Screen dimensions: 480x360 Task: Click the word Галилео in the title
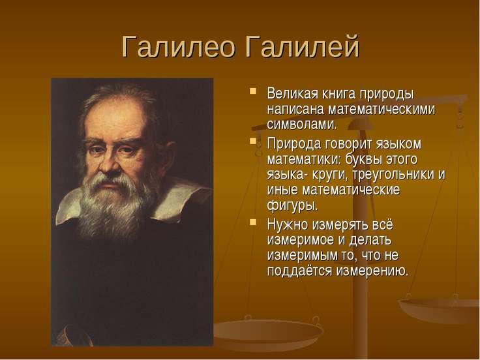[x=179, y=47]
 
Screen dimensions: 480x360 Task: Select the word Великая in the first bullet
[x=293, y=94]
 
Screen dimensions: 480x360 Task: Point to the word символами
[x=302, y=125]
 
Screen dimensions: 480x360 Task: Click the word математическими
[x=382, y=110]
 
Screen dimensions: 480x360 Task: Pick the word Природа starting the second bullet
[x=293, y=144]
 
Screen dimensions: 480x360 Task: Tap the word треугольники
[x=393, y=175]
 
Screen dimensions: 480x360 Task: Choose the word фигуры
[x=293, y=205]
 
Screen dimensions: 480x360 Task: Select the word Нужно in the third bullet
[x=287, y=225]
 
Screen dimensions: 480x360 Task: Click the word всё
[x=383, y=224]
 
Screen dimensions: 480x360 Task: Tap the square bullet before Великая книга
[x=253, y=91]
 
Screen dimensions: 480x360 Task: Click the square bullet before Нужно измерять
[x=253, y=222]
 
